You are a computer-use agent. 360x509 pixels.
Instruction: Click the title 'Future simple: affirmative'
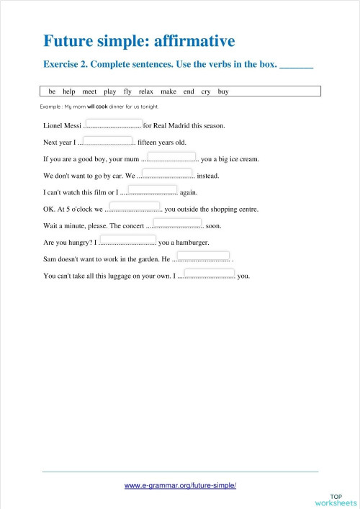pos(140,40)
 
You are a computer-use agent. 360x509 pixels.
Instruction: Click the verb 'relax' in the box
pos(146,92)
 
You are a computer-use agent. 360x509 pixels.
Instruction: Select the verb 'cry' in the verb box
pos(206,92)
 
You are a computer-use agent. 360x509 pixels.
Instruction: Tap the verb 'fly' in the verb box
pos(127,92)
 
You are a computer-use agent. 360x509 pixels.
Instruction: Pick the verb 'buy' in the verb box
pos(223,92)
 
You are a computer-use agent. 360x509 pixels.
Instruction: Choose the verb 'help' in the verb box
pos(69,92)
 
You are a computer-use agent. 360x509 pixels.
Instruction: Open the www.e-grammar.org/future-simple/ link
pos(180,485)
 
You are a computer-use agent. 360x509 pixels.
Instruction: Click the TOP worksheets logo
pos(336,500)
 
